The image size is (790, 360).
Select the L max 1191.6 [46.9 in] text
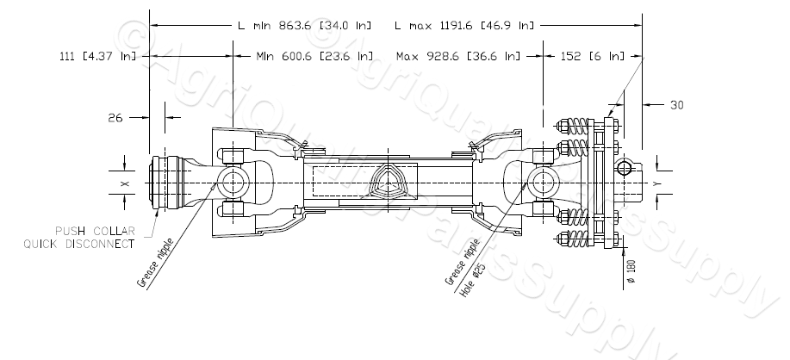click(x=463, y=26)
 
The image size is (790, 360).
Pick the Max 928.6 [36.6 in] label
click(x=458, y=57)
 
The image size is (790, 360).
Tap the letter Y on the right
click(x=656, y=183)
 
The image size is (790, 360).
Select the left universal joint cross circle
click(x=233, y=183)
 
